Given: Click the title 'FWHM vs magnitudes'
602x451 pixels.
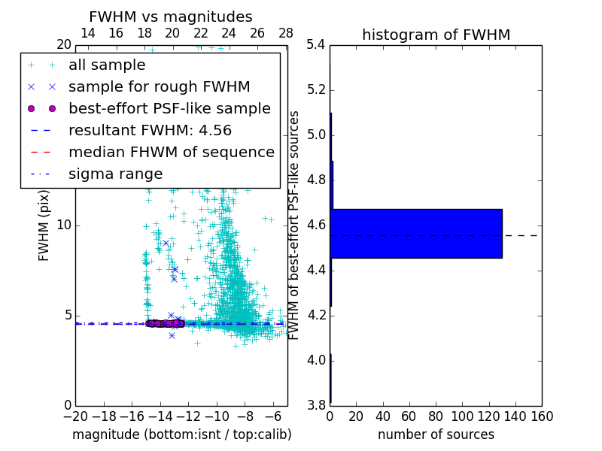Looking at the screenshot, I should coord(171,17).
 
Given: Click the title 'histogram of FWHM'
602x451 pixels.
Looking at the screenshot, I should coord(436,35).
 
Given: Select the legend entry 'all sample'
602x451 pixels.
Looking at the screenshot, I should coord(107,65).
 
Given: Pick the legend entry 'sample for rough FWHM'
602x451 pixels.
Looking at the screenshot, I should coord(159,87).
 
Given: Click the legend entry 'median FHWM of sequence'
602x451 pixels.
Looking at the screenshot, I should coord(171,152).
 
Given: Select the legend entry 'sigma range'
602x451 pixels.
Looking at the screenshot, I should coord(115,174).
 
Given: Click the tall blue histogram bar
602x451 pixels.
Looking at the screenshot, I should coord(415,234).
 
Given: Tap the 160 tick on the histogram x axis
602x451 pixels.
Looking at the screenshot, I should coord(542,416).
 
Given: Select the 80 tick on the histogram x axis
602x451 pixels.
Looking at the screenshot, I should coord(436,416).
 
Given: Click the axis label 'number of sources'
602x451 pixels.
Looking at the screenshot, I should coord(436,434).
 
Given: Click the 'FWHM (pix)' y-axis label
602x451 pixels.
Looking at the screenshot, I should coord(44,225).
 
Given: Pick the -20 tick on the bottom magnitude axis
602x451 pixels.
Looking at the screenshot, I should coord(75,416).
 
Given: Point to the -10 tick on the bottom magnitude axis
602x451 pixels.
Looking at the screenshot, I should coord(217,416).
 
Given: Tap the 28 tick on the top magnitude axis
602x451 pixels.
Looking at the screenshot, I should coord(286,33).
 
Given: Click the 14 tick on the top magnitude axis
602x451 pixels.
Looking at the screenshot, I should coord(87,33).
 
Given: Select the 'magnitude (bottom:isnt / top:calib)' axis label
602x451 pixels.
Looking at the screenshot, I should coord(181,434).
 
